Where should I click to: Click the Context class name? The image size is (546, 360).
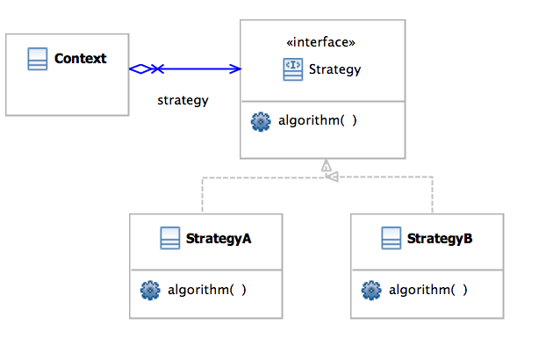[x=80, y=59]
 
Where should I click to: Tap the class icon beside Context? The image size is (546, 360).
[x=37, y=60]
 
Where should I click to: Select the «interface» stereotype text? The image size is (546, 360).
[x=321, y=42]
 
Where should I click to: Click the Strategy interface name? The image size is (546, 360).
[x=334, y=68]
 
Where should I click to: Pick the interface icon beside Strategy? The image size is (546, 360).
[x=293, y=68]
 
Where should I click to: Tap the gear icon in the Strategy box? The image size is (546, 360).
[x=260, y=122]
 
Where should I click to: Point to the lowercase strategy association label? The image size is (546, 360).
[x=183, y=100]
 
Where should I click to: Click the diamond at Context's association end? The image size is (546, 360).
[x=141, y=68]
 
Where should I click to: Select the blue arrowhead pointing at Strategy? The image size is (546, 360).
[x=234, y=68]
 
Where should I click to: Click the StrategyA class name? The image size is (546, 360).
[x=219, y=238]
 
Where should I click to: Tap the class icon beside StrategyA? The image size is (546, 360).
[x=170, y=238]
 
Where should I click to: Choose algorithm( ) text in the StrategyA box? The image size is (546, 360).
[x=207, y=289]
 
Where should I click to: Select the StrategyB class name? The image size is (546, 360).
[x=440, y=238]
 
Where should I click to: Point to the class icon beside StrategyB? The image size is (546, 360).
[x=392, y=238]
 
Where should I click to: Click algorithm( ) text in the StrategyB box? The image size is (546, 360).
[x=428, y=289]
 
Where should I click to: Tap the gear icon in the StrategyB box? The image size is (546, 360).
[x=370, y=289]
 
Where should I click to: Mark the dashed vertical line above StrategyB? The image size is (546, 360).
[x=433, y=195]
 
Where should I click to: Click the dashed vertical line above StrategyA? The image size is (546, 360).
[x=203, y=195]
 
